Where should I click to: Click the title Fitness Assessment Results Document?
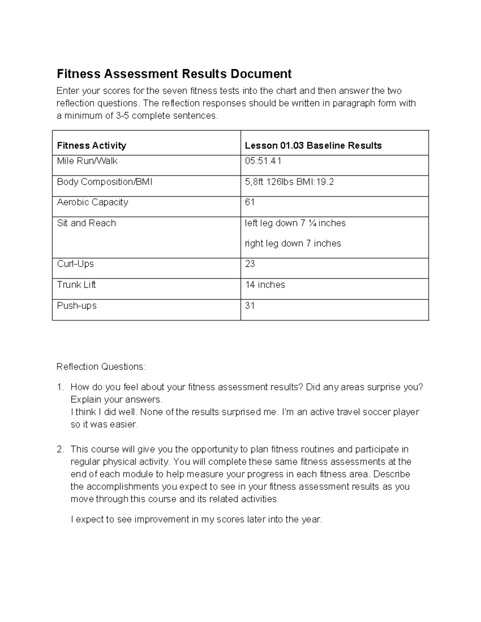pos(174,74)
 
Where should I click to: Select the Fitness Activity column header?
pos(91,145)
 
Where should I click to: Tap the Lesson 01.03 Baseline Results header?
pos(313,145)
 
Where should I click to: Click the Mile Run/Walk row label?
pos(87,161)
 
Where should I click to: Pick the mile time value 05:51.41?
pos(263,161)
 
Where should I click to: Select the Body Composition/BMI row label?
pos(105,182)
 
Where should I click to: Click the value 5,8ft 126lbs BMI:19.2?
pos(289,182)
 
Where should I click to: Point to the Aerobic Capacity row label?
pos(93,202)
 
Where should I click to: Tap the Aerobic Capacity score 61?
pos(250,202)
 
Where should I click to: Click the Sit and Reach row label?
pos(86,223)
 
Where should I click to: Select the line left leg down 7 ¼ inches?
pos(295,223)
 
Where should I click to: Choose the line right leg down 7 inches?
pos(293,244)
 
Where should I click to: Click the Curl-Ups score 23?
pos(250,264)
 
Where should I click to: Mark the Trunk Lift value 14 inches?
pos(265,285)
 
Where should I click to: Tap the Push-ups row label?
pos(77,306)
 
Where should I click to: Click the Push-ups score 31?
pos(250,306)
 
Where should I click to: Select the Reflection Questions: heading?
pos(101,367)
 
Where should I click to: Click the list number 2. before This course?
pos(60,449)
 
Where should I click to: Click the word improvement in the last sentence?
pos(162,520)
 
